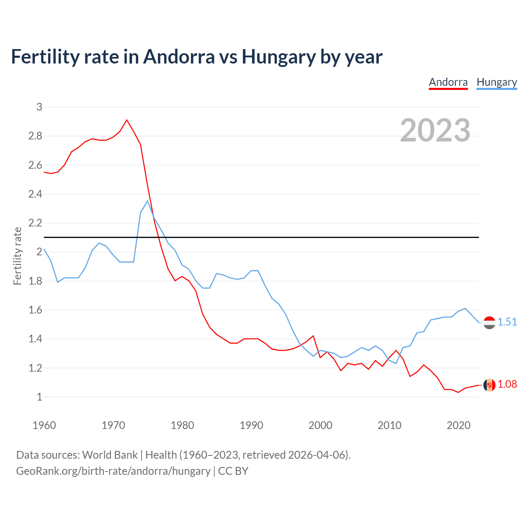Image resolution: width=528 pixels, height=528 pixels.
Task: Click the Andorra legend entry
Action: (448, 82)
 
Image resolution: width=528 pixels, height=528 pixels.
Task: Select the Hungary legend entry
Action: (497, 82)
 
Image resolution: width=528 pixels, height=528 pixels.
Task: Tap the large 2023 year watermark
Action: (435, 130)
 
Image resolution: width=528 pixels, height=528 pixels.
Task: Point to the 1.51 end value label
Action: (507, 322)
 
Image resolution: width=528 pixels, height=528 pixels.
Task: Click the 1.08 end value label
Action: (507, 384)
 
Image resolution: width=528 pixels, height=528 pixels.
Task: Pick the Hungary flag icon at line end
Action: (489, 323)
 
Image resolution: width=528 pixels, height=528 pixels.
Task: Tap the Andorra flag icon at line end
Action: (489, 385)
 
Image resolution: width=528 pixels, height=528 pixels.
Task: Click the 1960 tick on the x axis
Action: (44, 425)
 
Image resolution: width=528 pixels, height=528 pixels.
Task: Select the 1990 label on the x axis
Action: (251, 425)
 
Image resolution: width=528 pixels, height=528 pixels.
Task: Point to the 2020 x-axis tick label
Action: (458, 425)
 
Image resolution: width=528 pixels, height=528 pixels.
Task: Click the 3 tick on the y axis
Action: (40, 107)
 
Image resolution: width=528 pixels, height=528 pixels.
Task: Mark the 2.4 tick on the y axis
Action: (35, 194)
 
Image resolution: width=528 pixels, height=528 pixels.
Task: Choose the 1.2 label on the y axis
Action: (35, 368)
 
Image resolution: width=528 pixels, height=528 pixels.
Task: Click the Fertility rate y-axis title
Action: (17, 256)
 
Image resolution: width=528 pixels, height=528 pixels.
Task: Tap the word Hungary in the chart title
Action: (278, 57)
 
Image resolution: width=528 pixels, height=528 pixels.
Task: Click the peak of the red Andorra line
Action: (127, 120)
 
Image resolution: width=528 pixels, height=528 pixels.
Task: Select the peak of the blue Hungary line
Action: (147, 201)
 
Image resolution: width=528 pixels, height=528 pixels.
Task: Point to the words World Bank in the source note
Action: (110, 455)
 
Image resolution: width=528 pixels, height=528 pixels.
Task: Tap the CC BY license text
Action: (233, 471)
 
